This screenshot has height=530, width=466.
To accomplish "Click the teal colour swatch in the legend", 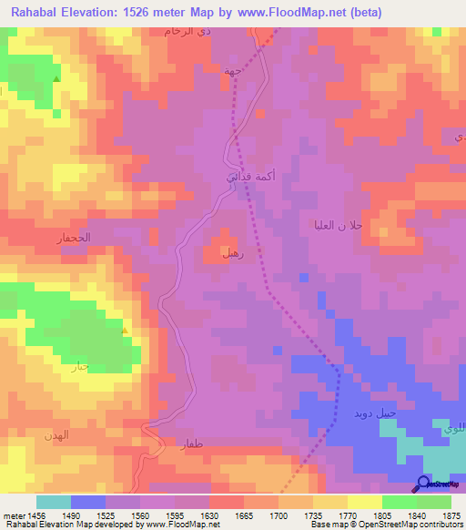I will [53, 502].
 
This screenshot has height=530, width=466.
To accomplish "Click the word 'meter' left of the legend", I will [14, 515].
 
